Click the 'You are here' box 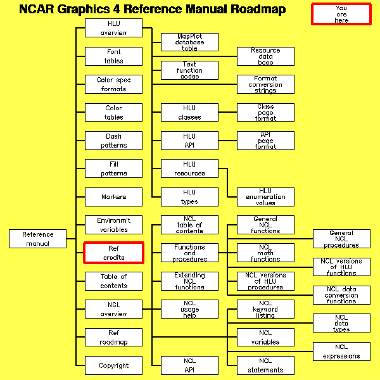341,14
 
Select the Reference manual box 38,239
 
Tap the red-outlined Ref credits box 114,253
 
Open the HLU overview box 114,28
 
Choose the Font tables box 114,56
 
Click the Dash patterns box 114,141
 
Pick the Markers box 114,197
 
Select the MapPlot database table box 189,42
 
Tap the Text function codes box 189,70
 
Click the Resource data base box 265,56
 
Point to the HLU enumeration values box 265,196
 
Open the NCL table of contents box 189,225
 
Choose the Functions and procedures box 189,253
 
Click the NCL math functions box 265,253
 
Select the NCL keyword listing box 265,309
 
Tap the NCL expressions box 341,351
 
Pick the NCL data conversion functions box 341,295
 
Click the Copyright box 114,365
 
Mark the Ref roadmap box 114,337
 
